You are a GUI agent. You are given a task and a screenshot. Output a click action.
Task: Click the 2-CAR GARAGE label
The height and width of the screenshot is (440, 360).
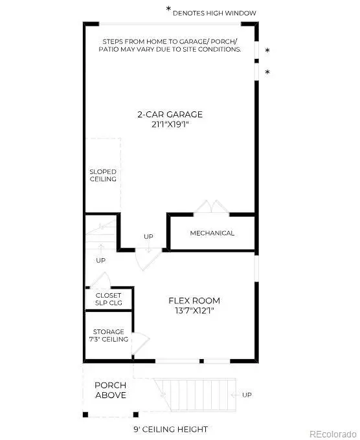170,115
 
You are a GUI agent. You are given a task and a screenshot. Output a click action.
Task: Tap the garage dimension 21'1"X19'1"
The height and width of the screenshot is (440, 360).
170,124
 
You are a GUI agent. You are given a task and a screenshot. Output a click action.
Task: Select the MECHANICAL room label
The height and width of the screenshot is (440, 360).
212,233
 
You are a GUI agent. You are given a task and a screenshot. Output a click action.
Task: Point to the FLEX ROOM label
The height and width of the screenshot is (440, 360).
194,300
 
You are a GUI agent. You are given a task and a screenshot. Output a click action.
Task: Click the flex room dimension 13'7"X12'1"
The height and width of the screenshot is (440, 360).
194,311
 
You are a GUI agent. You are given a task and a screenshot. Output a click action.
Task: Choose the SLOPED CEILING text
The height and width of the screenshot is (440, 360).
103,175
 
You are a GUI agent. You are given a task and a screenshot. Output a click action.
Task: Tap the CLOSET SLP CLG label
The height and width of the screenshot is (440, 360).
109,300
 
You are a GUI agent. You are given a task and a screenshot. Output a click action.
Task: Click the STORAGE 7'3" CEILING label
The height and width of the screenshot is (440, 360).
109,335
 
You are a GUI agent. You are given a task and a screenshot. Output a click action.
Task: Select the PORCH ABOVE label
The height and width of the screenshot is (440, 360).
111,390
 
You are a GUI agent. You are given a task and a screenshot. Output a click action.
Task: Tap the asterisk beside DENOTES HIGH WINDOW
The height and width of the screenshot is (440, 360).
169,10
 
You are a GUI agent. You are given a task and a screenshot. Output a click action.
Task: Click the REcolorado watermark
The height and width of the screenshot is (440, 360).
332,433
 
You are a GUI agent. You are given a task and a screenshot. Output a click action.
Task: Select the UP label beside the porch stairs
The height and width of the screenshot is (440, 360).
247,395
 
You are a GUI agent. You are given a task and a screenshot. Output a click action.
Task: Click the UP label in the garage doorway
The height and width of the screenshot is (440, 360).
148,236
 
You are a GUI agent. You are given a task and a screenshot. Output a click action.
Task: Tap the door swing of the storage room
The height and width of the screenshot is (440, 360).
142,340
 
